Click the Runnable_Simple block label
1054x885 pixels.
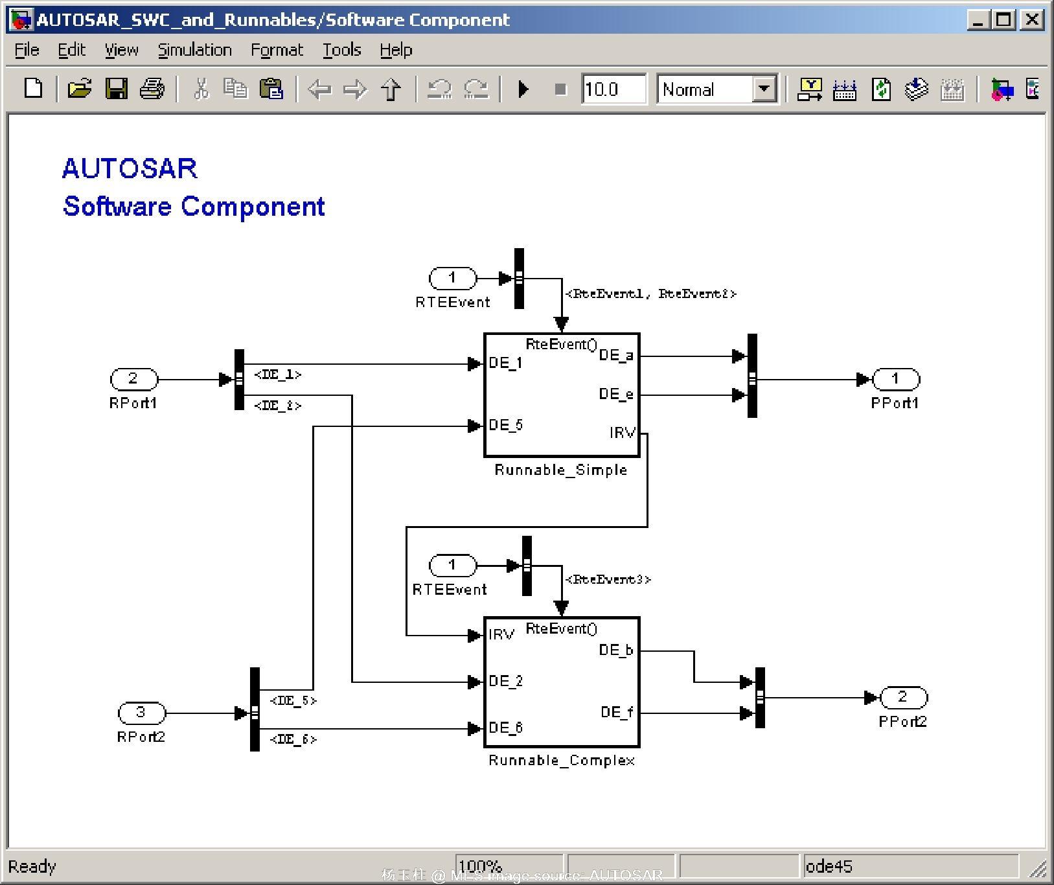click(560, 470)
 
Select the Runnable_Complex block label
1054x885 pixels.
click(561, 760)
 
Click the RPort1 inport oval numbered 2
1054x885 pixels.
click(133, 378)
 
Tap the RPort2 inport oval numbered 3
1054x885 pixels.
click(141, 713)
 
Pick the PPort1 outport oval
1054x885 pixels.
click(896, 378)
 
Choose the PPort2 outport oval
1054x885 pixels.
click(903, 697)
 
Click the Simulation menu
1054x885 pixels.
click(194, 50)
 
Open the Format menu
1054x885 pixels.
click(277, 50)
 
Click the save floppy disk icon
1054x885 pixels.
click(117, 89)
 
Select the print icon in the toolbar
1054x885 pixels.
click(152, 89)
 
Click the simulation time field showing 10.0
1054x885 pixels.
click(612, 89)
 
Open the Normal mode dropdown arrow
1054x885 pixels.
click(764, 89)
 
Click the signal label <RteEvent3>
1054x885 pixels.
click(608, 579)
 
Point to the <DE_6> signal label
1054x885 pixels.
click(293, 739)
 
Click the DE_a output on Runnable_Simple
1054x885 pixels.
click(615, 355)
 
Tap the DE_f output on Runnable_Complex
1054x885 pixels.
click(616, 713)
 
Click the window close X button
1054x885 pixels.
click(1031, 20)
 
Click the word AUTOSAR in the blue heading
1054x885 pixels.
click(130, 168)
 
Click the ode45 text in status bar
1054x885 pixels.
click(829, 866)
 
